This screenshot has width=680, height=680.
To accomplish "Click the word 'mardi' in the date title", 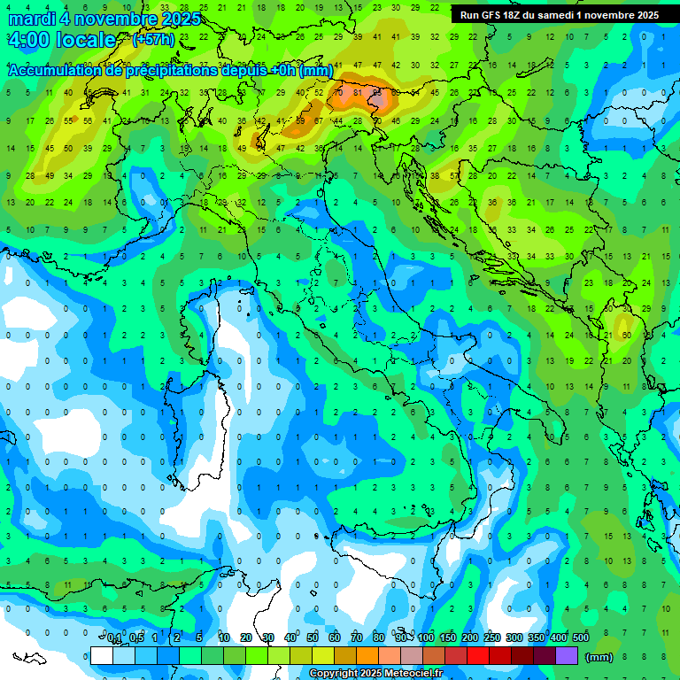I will coord(31,18).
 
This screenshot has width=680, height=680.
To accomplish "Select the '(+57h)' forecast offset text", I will coord(153,40).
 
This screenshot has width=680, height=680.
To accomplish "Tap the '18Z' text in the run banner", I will coord(524,15).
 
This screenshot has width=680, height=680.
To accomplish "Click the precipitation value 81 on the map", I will coord(358,92).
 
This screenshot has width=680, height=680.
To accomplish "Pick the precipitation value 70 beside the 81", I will coord(338,92).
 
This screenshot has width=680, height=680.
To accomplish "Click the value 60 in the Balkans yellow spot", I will coord(626,336).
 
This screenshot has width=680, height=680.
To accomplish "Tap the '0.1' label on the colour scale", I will coord(113,638).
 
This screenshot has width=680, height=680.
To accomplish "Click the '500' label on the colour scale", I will coord(581,638).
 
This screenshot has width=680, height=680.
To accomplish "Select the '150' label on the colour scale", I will coord(447,638).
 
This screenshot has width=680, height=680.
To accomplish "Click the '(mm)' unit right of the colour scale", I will coord(599,657).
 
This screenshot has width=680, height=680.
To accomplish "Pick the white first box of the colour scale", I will coord(102,656).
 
